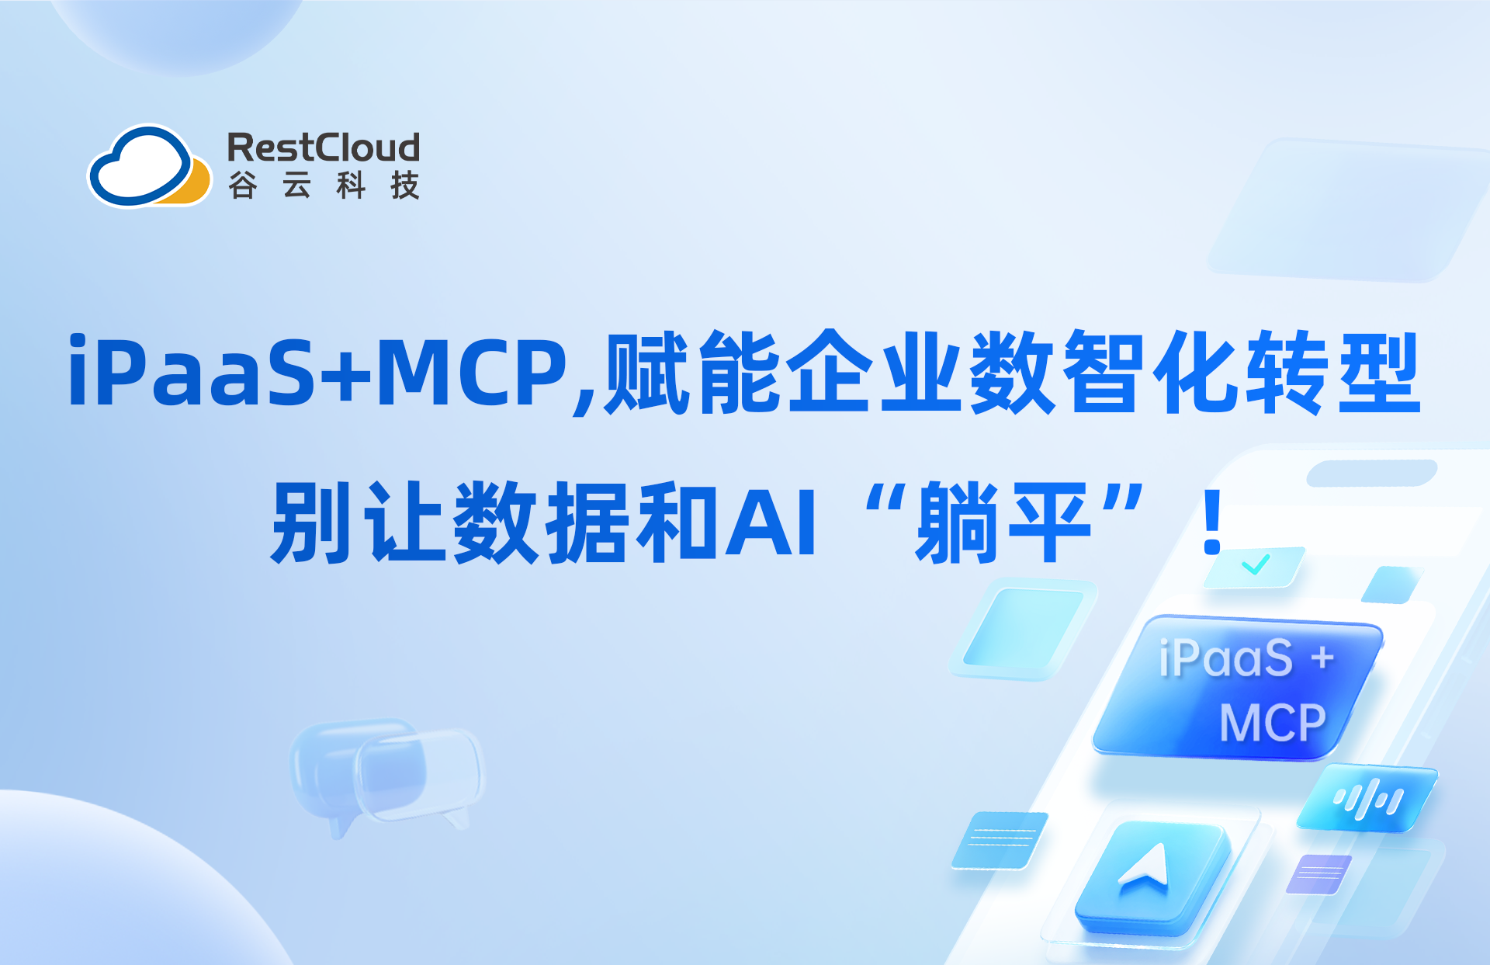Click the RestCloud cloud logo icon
click(148, 167)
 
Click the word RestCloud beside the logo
click(323, 148)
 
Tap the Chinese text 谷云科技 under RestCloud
click(323, 186)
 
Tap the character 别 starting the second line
click(310, 522)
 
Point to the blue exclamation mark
click(1212, 522)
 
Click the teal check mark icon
click(1255, 564)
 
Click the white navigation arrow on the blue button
click(1146, 866)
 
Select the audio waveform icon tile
click(1367, 799)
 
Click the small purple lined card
click(1319, 873)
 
